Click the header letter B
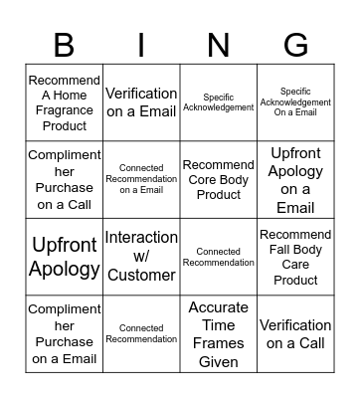coord(65,45)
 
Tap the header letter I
coord(142,45)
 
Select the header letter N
coord(219,45)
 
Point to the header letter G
coord(295,45)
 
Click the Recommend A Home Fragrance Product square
coord(65,102)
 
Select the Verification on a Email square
coord(141,102)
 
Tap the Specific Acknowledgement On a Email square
coord(295,102)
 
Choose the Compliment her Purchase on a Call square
coord(65,180)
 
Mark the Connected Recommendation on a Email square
coord(141,180)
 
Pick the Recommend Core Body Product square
coord(219,180)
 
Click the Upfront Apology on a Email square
coord(295,180)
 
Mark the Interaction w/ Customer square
coord(141,257)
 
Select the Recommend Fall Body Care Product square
coord(295,257)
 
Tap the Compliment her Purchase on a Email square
coord(65,333)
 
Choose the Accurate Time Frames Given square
coord(219,333)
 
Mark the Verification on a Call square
coord(295,333)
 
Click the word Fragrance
coord(65,110)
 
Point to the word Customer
coord(141,274)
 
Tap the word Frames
coord(219,343)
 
